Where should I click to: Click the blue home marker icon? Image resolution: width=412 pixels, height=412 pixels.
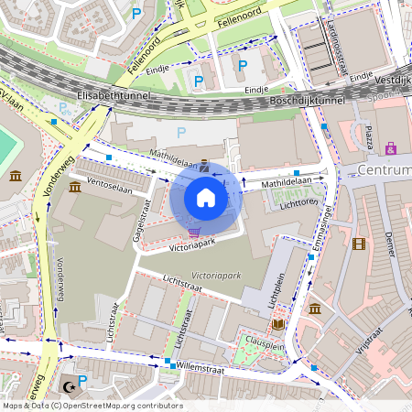click(x=206, y=198)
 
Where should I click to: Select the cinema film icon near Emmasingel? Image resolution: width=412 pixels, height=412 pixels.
click(x=357, y=243)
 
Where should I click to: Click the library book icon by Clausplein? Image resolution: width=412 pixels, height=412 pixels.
click(x=278, y=324)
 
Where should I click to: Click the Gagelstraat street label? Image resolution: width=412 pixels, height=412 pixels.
click(x=142, y=218)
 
